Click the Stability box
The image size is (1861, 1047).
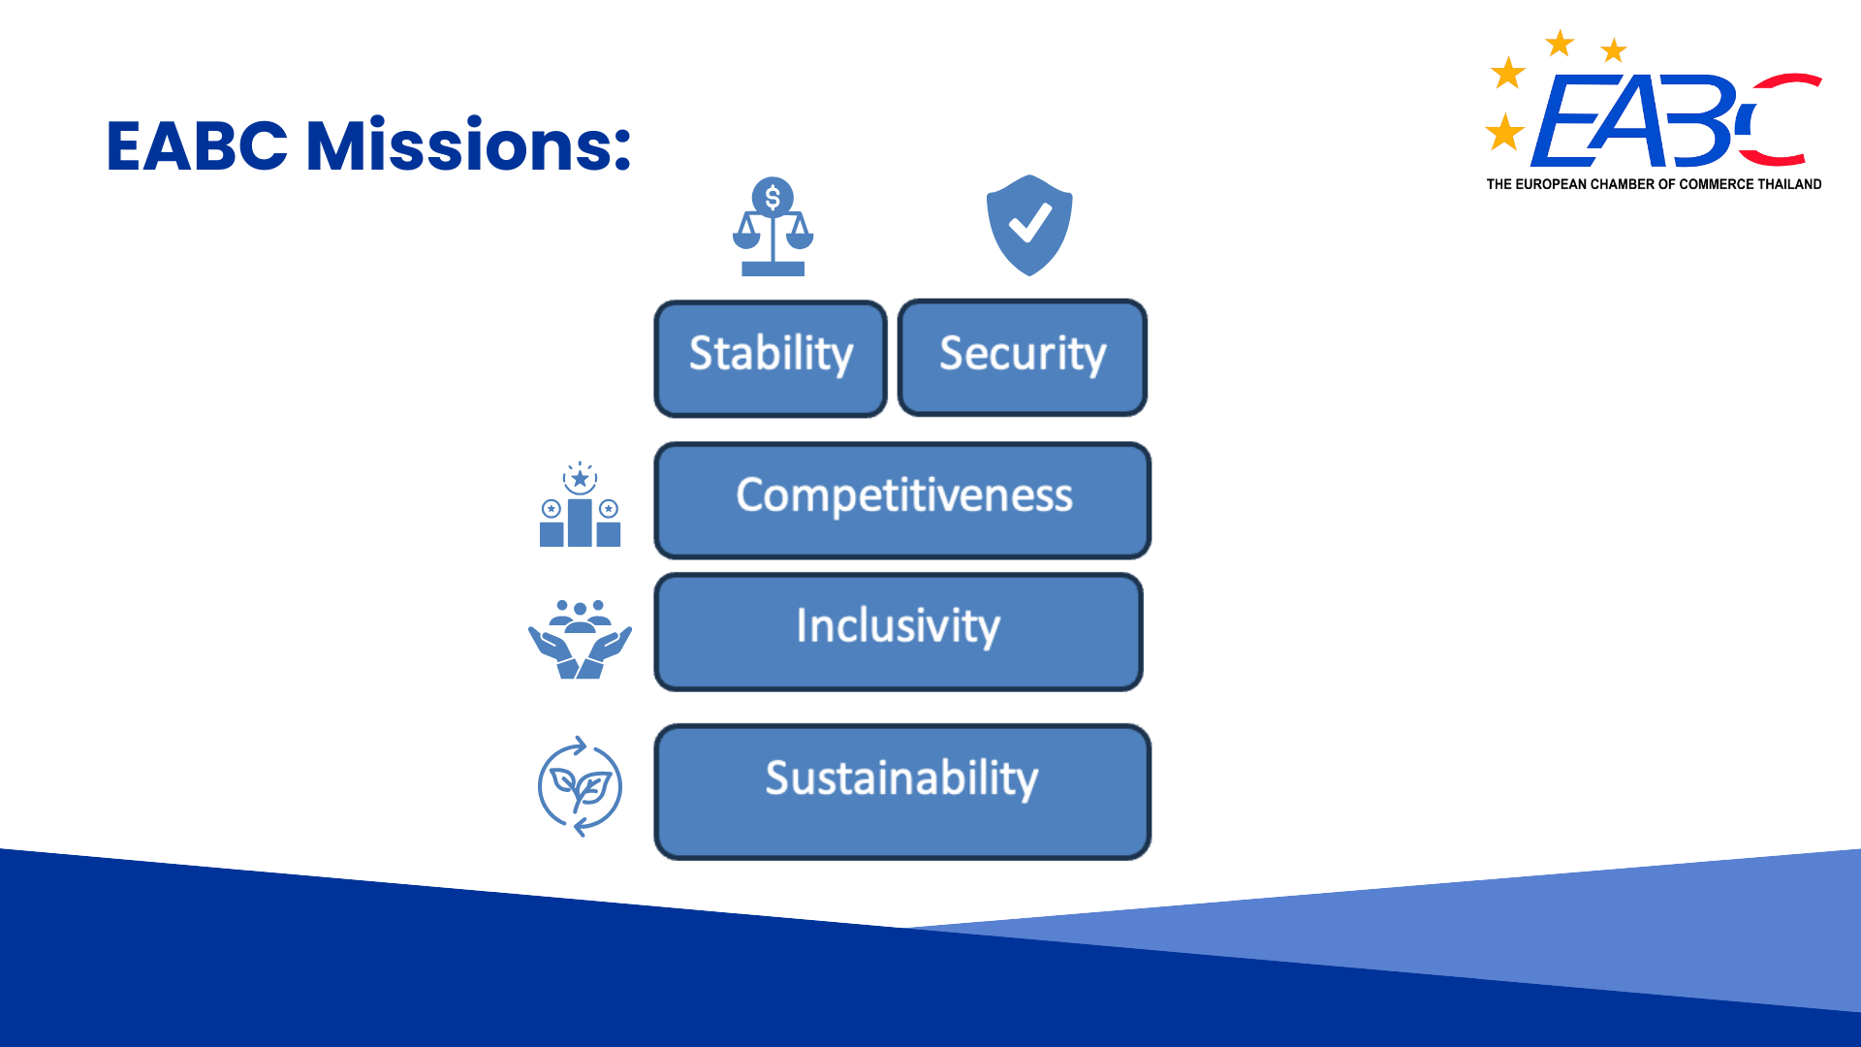[771, 359]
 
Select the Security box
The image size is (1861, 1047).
[1023, 358]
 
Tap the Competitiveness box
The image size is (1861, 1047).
[902, 500]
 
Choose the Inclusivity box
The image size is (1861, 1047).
[899, 632]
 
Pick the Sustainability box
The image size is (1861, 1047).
[902, 791]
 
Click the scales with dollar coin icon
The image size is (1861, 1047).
[773, 227]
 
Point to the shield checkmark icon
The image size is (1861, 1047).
[1029, 225]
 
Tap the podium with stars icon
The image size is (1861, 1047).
[580, 504]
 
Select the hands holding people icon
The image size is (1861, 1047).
[580, 640]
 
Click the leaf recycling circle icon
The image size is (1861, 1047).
[580, 786]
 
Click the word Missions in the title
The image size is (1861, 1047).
[469, 145]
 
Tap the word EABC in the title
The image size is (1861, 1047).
[197, 146]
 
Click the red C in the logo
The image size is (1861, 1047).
[1782, 119]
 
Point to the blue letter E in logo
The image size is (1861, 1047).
[1562, 121]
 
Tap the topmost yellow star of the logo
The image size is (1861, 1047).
[1560, 44]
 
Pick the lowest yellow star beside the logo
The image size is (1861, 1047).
[1505, 132]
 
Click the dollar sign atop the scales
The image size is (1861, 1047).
[773, 198]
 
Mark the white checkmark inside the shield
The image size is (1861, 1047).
[1030, 222]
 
